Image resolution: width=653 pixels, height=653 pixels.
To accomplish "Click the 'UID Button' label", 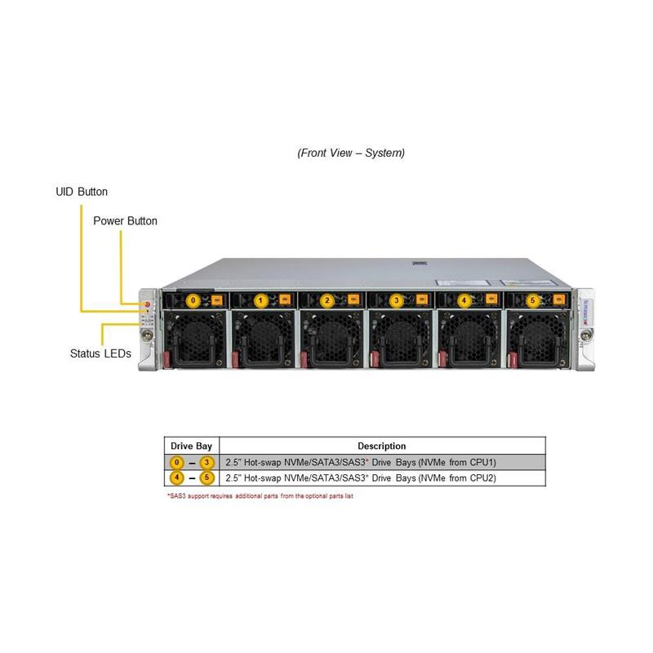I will point(82,192).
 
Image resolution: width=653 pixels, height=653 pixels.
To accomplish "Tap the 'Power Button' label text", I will point(125,221).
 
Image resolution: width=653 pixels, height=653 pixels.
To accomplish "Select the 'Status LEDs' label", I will point(100,353).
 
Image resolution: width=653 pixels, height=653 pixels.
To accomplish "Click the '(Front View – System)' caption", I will point(351,153).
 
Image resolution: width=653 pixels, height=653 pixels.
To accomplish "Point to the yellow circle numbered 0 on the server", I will point(193,300).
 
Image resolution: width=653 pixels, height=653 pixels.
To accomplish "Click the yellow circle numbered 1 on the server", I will point(260,300).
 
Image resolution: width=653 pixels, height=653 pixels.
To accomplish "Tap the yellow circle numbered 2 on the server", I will point(327,300).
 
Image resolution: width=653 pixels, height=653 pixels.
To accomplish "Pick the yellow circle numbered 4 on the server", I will point(464,300).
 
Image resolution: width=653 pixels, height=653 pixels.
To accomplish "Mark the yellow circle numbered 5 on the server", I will point(533,300).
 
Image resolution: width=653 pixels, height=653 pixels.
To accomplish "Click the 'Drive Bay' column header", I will point(192,446).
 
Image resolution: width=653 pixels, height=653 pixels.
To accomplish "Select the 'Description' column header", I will point(381,446).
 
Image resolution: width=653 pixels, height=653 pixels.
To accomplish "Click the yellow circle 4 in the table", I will point(175,478).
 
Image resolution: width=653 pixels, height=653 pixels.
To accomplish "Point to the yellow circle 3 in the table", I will point(207,462).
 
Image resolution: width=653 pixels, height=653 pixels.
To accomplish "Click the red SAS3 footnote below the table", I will point(260,495).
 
